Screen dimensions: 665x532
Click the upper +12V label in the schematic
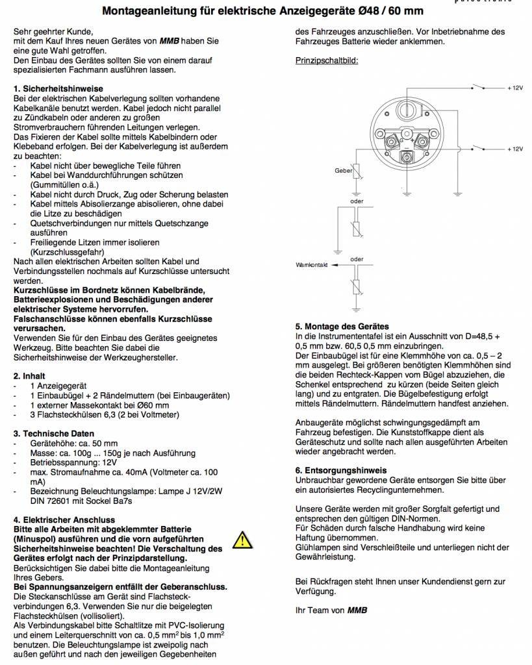click(x=514, y=87)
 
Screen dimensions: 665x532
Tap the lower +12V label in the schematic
click(x=514, y=149)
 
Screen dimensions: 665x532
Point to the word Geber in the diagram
click(x=343, y=170)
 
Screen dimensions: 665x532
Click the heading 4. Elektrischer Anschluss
click(x=64, y=520)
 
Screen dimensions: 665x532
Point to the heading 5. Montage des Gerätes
click(x=342, y=326)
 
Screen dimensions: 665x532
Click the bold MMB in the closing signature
click(x=357, y=610)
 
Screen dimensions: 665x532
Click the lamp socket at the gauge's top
click(x=407, y=107)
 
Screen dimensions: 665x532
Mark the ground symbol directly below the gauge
click(x=407, y=192)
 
